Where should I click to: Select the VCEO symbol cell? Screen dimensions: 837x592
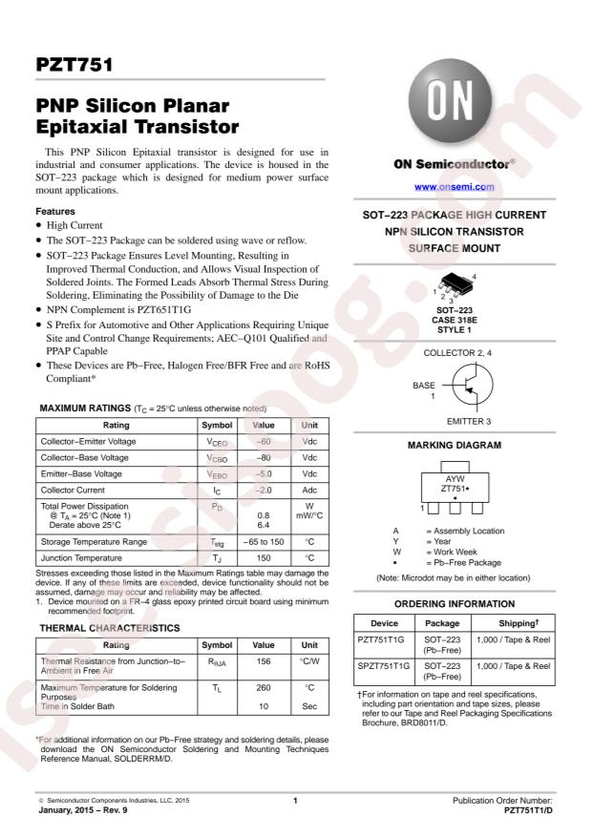[217, 442]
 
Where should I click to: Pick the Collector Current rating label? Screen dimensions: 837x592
[74, 491]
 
